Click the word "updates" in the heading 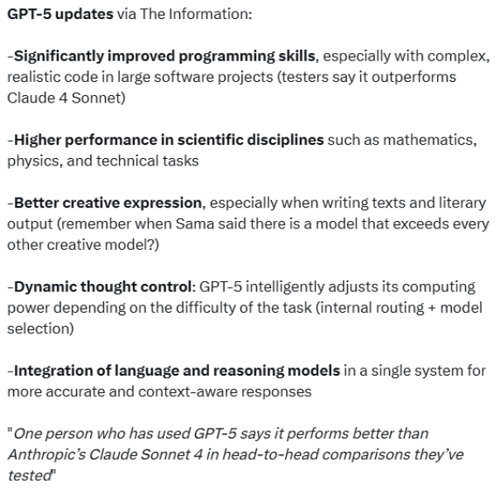[x=84, y=15]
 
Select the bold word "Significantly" [x=59, y=56]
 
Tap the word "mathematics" [x=428, y=140]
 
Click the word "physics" [x=33, y=161]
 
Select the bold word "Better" [x=36, y=204]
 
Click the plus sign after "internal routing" [x=431, y=309]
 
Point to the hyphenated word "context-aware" [x=188, y=392]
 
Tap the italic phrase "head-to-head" [x=270, y=455]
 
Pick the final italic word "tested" [x=29, y=476]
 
